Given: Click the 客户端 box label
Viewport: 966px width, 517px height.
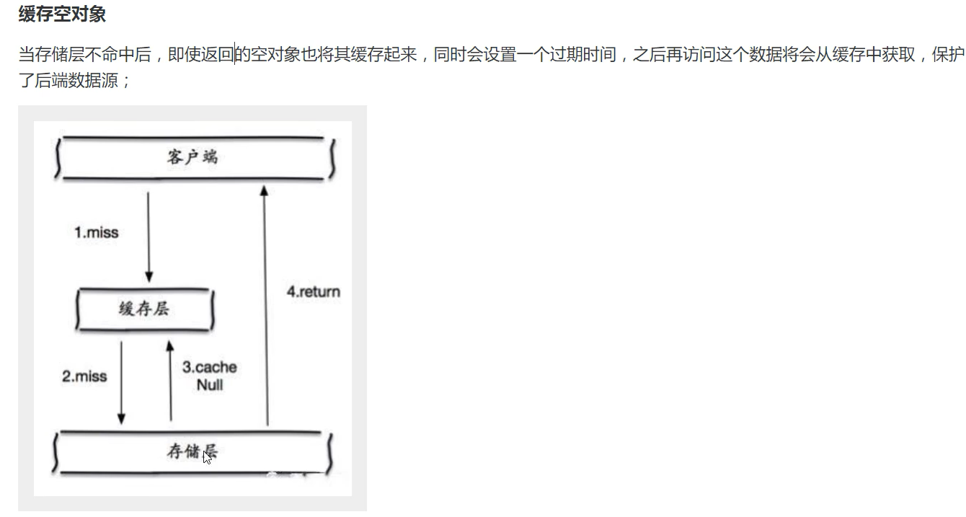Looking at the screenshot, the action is click(192, 157).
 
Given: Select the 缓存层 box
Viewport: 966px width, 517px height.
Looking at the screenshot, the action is click(144, 309).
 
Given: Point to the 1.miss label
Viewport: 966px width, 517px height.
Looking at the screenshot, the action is click(96, 233).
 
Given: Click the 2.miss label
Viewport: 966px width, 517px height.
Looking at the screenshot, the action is click(84, 376).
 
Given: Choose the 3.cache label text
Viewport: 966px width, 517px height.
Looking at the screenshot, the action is click(209, 367).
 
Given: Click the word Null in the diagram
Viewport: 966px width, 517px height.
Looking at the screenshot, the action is click(210, 385).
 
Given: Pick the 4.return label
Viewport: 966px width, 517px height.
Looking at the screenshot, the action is click(313, 292).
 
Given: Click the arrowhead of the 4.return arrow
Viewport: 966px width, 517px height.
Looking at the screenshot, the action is click(264, 190).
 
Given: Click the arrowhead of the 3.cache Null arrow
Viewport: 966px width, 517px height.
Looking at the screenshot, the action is click(170, 347).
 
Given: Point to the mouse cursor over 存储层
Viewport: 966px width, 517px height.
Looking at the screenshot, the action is click(207, 456).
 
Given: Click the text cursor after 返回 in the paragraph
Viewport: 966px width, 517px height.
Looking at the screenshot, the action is click(235, 55).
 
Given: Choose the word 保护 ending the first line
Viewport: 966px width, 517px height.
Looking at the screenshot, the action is click(948, 55).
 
